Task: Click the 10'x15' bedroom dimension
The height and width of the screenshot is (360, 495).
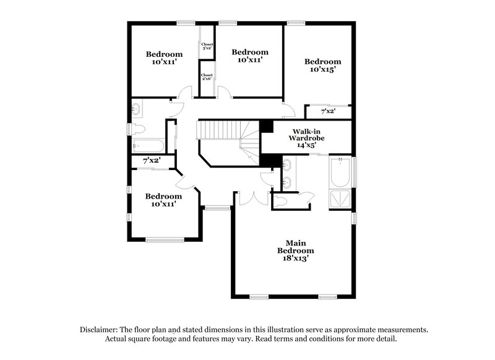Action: [322, 70]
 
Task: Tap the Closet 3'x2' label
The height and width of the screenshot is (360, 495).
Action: [207, 46]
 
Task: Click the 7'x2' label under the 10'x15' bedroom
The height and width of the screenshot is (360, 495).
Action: [328, 112]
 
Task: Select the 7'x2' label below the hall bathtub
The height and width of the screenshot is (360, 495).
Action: [152, 160]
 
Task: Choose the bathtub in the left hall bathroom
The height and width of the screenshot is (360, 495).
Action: [148, 147]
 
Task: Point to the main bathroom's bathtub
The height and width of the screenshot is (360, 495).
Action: [340, 173]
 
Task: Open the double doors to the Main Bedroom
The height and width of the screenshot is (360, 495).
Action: [251, 197]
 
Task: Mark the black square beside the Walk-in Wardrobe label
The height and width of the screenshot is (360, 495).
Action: [266, 126]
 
